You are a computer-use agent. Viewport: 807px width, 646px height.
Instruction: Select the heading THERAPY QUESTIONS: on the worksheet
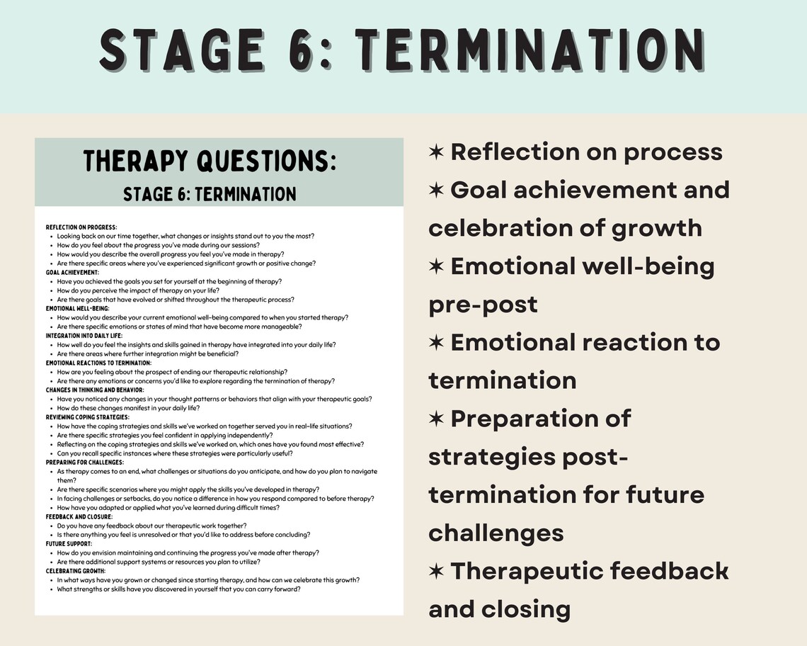click(210, 161)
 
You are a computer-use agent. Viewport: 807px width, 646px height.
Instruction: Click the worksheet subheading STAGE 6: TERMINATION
click(210, 193)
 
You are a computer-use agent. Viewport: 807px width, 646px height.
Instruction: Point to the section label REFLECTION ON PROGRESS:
click(81, 227)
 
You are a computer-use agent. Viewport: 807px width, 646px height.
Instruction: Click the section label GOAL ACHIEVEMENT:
click(73, 272)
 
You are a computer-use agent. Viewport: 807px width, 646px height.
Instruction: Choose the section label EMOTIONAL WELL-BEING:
click(78, 309)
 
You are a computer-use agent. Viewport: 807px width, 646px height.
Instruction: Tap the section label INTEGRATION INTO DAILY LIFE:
click(84, 336)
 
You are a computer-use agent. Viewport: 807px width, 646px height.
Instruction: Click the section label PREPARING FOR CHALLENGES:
click(85, 463)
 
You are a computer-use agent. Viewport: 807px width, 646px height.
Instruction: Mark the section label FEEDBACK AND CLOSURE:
click(79, 516)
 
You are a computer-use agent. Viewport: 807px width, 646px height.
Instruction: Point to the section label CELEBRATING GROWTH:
click(76, 571)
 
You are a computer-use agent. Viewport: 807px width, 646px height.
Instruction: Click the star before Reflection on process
click(436, 152)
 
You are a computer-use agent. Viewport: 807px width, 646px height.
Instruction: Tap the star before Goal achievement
click(436, 191)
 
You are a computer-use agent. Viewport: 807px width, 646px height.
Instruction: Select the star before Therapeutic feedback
click(436, 571)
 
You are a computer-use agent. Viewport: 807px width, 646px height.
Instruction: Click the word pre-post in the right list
click(483, 305)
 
